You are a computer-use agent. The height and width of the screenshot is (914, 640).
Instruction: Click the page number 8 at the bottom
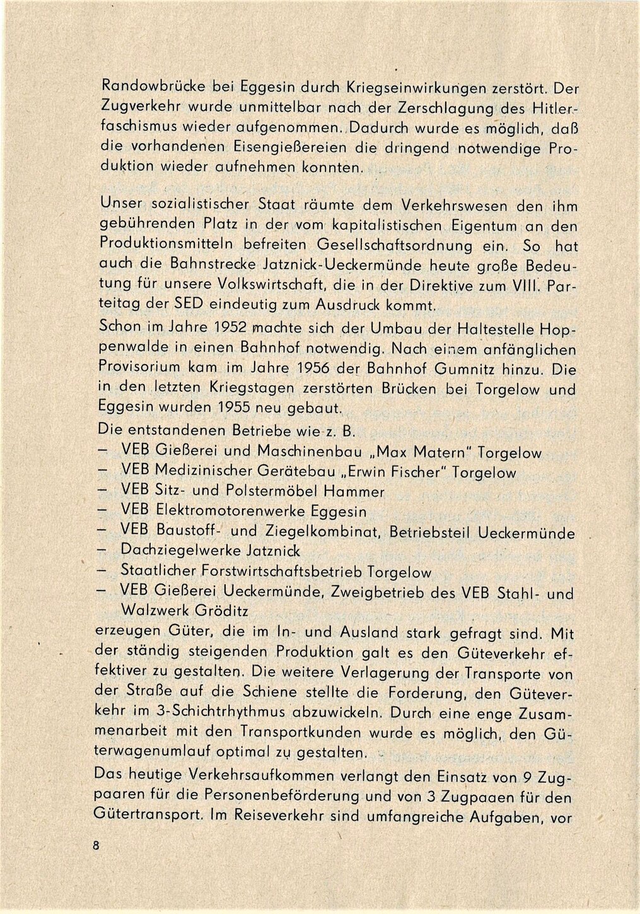point(96,847)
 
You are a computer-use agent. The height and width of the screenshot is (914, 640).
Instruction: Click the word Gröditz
point(219,611)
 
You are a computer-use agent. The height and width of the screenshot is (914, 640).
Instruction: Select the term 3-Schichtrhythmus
point(214,712)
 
